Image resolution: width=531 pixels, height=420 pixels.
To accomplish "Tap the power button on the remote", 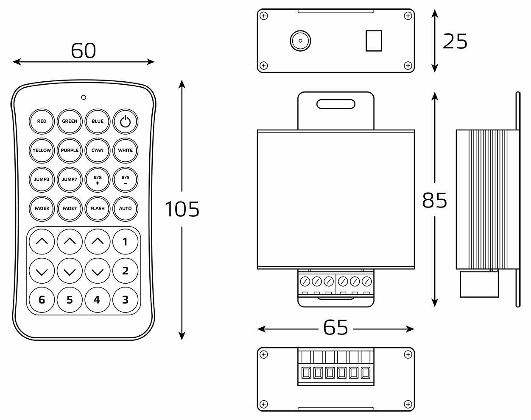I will click(x=125, y=122).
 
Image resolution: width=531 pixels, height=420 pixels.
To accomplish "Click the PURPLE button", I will click(x=70, y=150).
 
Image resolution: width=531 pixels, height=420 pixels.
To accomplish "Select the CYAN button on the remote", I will click(x=98, y=150).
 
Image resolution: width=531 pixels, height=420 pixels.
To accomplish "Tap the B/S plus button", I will click(x=98, y=180).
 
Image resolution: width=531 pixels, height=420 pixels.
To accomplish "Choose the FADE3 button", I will click(x=42, y=208).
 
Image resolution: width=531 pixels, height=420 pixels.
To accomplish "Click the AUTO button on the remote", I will click(x=125, y=208).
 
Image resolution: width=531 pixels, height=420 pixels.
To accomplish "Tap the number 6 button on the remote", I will click(x=42, y=300).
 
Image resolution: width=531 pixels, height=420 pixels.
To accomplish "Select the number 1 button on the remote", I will click(x=125, y=242).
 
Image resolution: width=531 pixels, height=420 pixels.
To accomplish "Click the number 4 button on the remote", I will click(x=97, y=300).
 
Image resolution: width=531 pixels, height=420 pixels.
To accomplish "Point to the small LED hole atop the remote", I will click(x=84, y=97).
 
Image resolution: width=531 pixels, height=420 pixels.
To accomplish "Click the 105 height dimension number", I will click(x=182, y=209).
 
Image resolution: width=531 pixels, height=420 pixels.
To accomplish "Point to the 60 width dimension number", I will click(x=84, y=51).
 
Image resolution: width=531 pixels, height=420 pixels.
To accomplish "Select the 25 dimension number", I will click(x=455, y=41).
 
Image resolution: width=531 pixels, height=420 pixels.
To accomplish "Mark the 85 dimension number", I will click(x=435, y=200).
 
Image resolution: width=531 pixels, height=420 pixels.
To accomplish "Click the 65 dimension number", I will click(x=336, y=327).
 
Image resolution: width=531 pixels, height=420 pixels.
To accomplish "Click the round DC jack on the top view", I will click(x=300, y=41).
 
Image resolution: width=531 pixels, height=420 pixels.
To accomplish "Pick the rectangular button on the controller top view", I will click(x=374, y=41).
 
